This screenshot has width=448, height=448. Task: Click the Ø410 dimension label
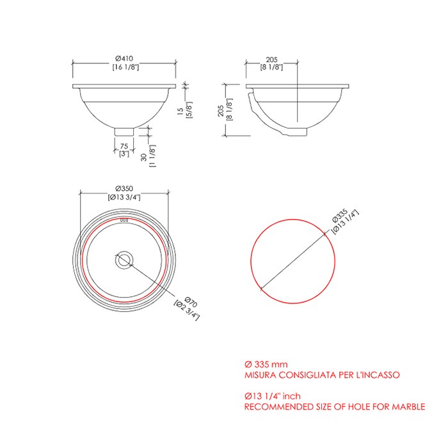pyautogui.click(x=124, y=59)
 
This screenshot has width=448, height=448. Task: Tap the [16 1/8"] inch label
pyautogui.click(x=125, y=67)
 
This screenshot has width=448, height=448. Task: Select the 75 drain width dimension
pyautogui.click(x=124, y=147)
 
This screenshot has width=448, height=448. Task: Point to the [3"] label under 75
pyautogui.click(x=124, y=154)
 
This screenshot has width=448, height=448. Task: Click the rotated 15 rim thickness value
pyautogui.click(x=180, y=111)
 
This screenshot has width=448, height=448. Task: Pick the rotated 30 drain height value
pyautogui.click(x=144, y=157)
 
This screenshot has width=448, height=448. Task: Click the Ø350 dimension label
pyautogui.click(x=124, y=189)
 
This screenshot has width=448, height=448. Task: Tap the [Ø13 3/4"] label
pyautogui.click(x=124, y=197)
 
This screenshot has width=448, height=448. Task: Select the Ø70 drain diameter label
pyautogui.click(x=191, y=302)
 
